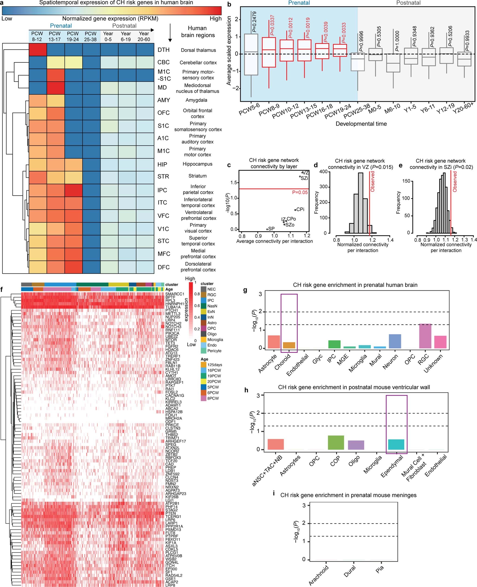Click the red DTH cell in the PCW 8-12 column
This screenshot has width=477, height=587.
click(x=38, y=50)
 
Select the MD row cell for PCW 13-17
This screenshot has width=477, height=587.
click(x=55, y=88)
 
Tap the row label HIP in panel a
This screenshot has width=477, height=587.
click(x=162, y=164)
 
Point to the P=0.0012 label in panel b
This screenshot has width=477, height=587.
click(x=290, y=28)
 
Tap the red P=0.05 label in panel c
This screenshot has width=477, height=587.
click(x=300, y=192)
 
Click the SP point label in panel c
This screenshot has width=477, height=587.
click(x=271, y=228)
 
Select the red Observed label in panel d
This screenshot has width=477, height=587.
click(x=373, y=181)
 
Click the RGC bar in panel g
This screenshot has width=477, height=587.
click(x=425, y=336)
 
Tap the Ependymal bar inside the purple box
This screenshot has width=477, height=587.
click(x=396, y=444)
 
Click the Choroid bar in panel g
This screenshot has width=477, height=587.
click(x=289, y=345)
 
